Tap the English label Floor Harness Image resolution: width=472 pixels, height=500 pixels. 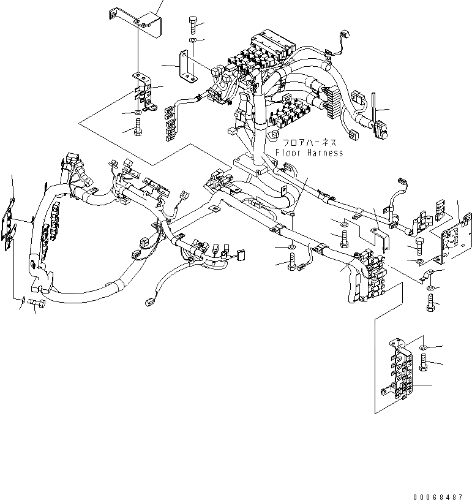pyautogui.click(x=309, y=153)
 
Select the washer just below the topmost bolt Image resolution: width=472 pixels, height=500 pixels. pyautogui.click(x=192, y=40)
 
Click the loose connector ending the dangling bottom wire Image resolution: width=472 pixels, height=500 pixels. pyautogui.click(x=148, y=301)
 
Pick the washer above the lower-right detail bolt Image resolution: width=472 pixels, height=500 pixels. pyautogui.click(x=424, y=347)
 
